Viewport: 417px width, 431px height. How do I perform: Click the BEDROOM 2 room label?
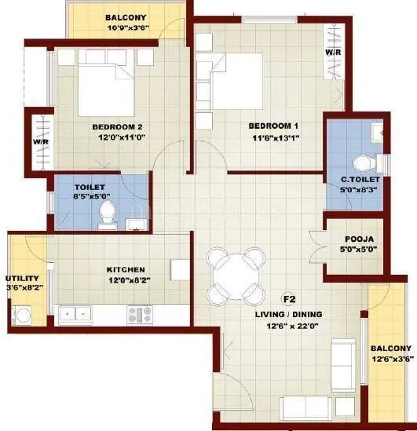pos(117,126)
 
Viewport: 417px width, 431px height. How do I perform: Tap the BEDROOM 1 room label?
pos(273,126)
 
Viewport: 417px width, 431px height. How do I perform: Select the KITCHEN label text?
pos(126,268)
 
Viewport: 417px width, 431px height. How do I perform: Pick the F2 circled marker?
pos(289,298)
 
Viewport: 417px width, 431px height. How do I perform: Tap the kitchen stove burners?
pos(139,316)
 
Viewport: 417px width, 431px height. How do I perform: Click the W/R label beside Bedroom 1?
pos(332,53)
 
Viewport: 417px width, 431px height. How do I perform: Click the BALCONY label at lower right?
pos(390,348)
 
